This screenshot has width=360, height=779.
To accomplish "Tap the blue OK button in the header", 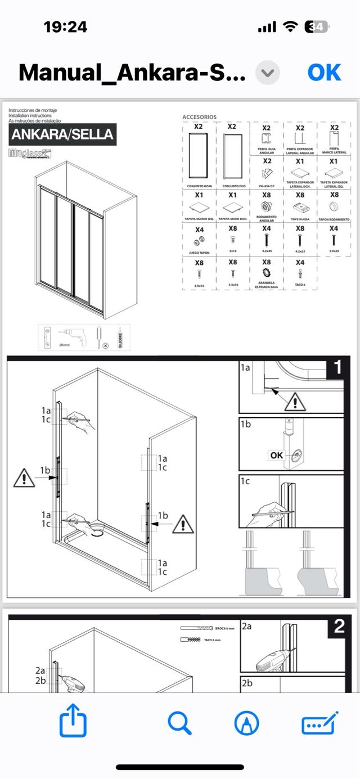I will [x=324, y=73].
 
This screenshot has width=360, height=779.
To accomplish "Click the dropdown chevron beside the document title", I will [x=268, y=73].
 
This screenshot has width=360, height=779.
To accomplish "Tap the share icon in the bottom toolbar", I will [x=73, y=723].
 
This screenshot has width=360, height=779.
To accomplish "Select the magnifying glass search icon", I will [x=179, y=723].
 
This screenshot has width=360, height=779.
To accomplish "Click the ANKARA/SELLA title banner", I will [x=62, y=134].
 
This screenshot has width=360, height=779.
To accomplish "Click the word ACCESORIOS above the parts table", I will [x=199, y=117].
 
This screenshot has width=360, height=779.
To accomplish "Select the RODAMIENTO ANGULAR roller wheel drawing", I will [x=267, y=206].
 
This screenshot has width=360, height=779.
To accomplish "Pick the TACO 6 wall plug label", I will [x=300, y=284].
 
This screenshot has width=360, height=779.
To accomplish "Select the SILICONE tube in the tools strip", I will [x=119, y=337].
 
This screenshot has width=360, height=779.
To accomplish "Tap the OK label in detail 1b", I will [x=277, y=455].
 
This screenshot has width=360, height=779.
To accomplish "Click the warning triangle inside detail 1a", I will [x=295, y=401].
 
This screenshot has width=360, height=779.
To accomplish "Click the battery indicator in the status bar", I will [x=316, y=27].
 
